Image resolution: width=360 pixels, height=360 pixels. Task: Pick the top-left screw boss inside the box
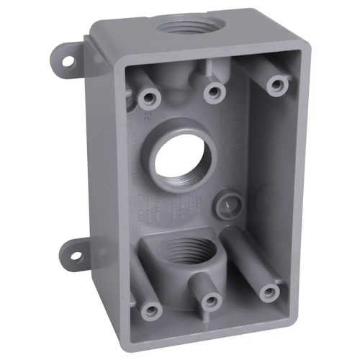149,96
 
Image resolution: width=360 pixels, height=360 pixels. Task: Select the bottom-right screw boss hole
269,292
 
